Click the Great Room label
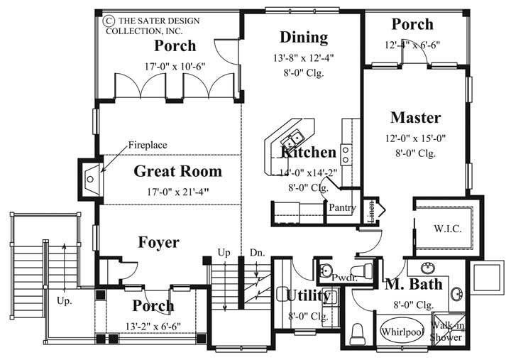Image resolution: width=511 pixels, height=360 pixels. (x=177, y=171)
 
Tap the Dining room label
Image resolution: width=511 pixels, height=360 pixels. (x=303, y=37)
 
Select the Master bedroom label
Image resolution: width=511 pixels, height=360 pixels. (x=415, y=118)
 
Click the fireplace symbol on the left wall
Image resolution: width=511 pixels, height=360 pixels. (x=91, y=178)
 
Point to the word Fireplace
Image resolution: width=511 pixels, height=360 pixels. (x=148, y=145)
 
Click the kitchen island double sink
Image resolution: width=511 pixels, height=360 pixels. (x=292, y=138)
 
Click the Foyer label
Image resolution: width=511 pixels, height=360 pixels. (x=158, y=242)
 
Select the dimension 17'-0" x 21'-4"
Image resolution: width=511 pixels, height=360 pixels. (x=177, y=190)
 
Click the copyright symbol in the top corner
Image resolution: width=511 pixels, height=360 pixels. (x=110, y=21)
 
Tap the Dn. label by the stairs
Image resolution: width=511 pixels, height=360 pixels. (x=257, y=252)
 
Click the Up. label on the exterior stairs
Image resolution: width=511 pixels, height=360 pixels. (x=65, y=300)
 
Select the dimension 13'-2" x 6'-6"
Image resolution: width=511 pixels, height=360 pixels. (x=153, y=326)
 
